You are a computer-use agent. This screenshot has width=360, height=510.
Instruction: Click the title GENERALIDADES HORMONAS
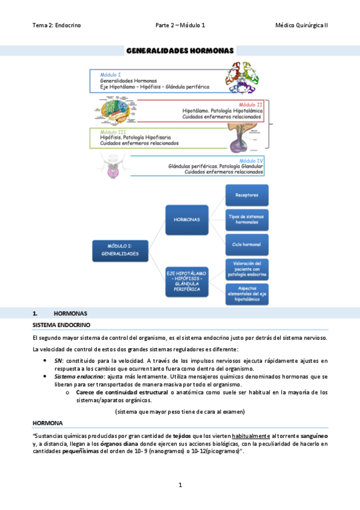180,51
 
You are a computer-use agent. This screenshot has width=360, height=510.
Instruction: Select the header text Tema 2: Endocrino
56,25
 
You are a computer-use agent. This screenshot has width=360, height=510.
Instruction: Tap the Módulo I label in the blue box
110,74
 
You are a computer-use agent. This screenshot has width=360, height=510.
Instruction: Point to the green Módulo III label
113,132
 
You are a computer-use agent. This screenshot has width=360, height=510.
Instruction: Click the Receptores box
247,195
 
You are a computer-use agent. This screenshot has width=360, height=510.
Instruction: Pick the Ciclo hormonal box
247,244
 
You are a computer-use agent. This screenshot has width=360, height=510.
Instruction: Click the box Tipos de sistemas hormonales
247,220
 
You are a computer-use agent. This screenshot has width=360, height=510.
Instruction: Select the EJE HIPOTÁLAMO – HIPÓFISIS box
187,279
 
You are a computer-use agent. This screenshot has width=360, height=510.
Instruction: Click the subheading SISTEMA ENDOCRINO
61,325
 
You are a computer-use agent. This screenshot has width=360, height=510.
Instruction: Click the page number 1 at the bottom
180,485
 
